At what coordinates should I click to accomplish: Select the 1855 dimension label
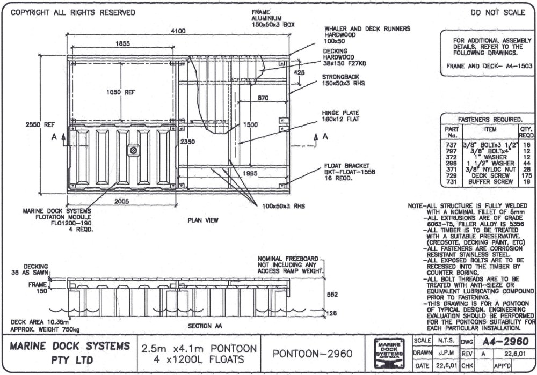(x=122, y=44)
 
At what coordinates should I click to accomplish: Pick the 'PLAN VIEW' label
(x=202, y=220)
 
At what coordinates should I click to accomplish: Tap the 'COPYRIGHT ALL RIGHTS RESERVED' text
(x=70, y=12)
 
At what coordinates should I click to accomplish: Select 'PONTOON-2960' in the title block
(x=312, y=354)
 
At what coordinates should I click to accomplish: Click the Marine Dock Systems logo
(x=388, y=352)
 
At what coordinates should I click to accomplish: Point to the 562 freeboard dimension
(x=333, y=295)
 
